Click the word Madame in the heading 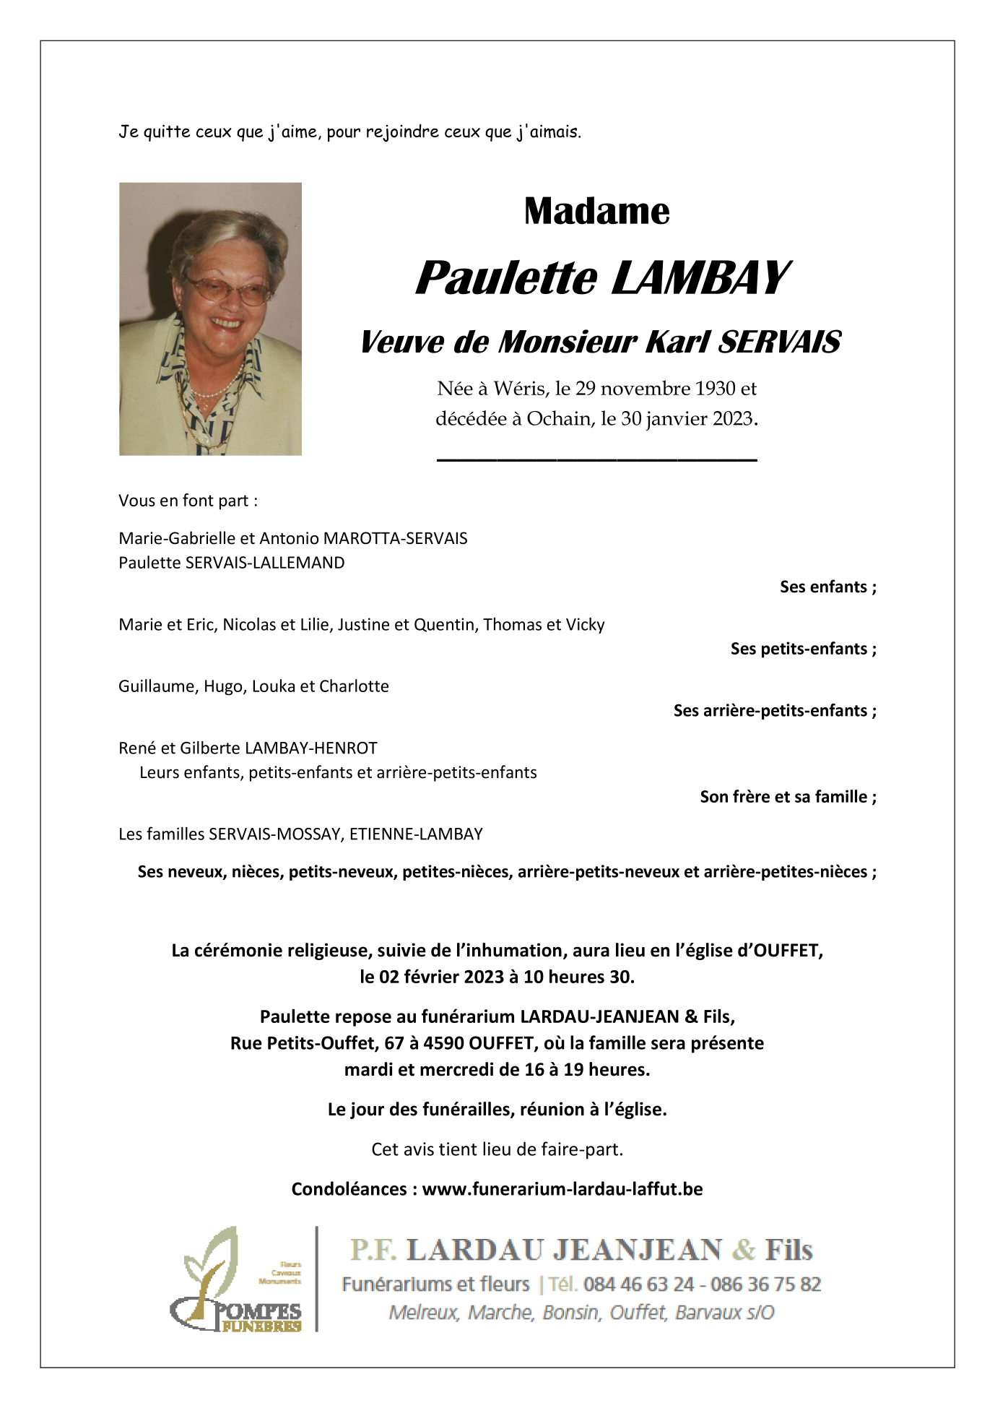point(596,211)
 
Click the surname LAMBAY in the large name point(700,278)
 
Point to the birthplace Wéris point(519,389)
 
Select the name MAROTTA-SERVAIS point(395,538)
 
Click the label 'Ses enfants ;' point(827,587)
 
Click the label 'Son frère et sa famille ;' point(788,797)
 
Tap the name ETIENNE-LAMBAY point(416,834)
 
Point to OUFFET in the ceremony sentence point(787,951)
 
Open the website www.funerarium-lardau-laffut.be point(562,1189)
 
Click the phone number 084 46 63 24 point(639,1284)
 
